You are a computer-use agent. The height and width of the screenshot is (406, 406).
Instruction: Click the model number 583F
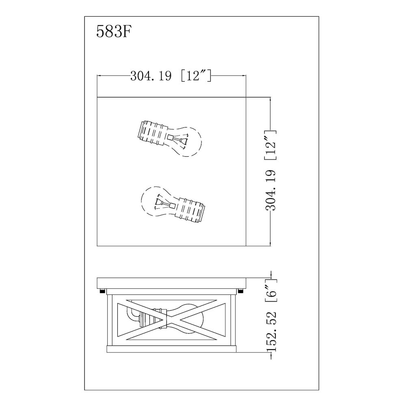coord(113,31)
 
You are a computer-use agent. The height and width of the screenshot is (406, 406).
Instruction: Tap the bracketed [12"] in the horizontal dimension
coord(195,76)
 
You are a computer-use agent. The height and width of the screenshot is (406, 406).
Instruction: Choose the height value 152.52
coord(271,332)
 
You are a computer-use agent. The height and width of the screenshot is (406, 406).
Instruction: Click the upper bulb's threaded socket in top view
coord(151,132)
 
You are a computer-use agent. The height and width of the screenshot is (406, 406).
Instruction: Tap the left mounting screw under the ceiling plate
coord(102,290)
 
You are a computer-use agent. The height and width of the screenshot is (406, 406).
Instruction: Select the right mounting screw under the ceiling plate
coord(241,290)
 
